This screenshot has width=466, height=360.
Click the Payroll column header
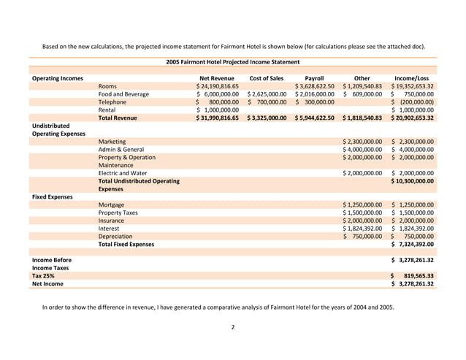313,78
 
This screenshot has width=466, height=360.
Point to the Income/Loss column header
413,78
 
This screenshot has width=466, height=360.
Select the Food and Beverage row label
123,94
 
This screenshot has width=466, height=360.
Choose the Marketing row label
112,141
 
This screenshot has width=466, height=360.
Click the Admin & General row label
121,149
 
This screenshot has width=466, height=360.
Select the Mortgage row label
111,204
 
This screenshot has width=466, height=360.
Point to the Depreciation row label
115,237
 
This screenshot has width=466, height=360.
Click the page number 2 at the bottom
232,327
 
